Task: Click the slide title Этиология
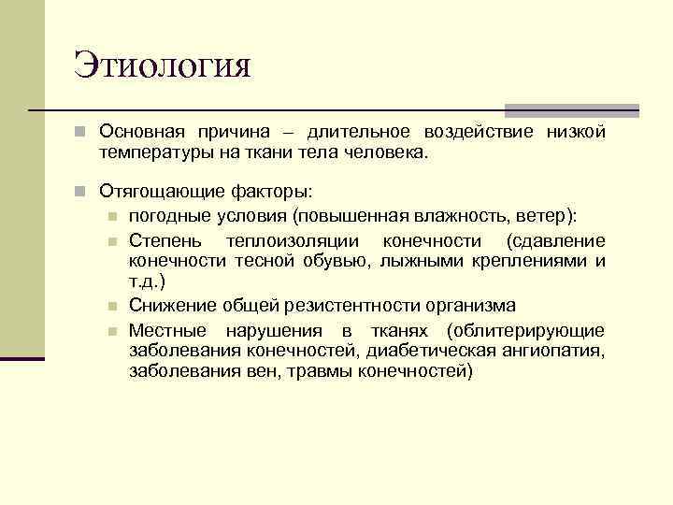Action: pyautogui.click(x=163, y=67)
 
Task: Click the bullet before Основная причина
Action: pyautogui.click(x=83, y=134)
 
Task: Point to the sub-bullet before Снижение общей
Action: pyautogui.click(x=113, y=307)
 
